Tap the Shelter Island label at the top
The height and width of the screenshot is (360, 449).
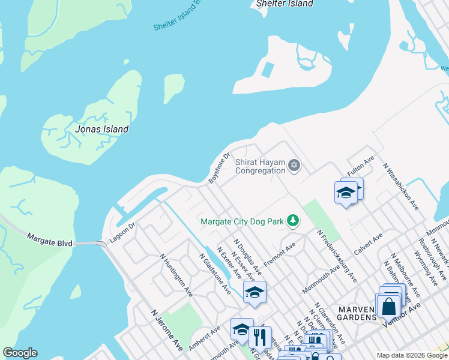point(285,4)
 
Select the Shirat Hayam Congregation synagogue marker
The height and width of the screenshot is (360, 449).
point(294,165)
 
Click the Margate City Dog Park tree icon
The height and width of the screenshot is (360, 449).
point(292,221)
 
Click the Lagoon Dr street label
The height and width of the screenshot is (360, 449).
point(122,234)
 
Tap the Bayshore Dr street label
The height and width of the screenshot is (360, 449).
point(219,168)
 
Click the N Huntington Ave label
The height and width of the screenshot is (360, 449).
point(175,274)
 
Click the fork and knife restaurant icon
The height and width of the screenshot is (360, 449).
point(260,337)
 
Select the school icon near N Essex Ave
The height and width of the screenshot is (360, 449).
point(255,292)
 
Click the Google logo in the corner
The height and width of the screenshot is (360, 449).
point(20,353)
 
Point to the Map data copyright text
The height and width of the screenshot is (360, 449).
point(411,355)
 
